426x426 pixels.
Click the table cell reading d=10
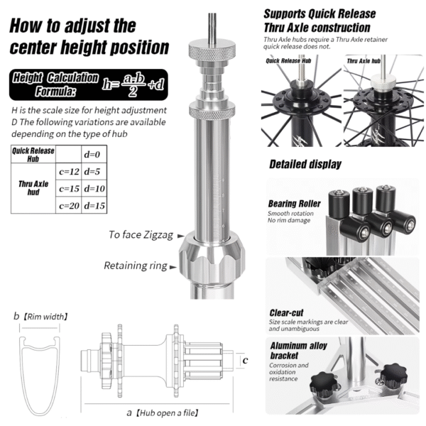tap(94, 188)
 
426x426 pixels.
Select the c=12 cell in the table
tap(69, 171)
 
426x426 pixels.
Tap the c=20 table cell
tap(69, 205)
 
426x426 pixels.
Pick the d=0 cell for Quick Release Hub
tap(94, 154)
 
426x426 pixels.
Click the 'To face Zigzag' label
tap(141, 235)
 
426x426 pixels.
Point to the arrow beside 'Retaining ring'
tap(173, 267)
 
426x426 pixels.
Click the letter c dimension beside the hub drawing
tap(246, 360)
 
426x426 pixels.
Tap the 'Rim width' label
tap(45, 317)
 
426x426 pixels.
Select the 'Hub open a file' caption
tap(167, 413)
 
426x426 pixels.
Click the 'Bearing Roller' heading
tap(294, 204)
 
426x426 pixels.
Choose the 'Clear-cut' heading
tap(286, 313)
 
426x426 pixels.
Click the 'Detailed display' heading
tap(305, 165)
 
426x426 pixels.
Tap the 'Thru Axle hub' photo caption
tap(364, 61)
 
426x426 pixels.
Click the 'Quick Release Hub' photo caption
tap(288, 61)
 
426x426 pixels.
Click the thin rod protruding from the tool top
tap(212, 28)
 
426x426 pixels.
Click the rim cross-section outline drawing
tap(40, 376)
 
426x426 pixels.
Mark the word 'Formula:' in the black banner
tap(55, 92)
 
